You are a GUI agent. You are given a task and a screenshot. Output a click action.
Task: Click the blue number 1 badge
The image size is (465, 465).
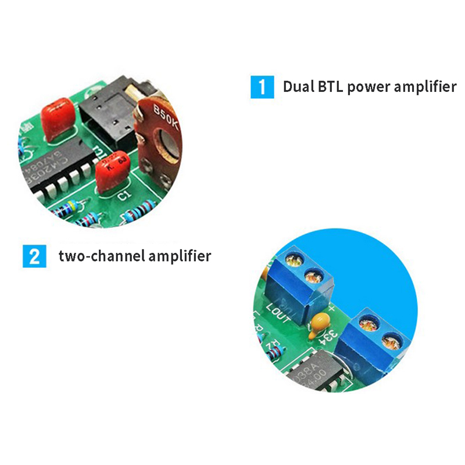click(262, 87)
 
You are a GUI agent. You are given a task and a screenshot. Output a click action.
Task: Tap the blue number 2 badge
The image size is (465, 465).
click(34, 256)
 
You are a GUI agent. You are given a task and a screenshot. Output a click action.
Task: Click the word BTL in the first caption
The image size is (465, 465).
click(330, 87)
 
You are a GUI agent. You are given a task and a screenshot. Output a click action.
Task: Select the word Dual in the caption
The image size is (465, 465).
click(298, 87)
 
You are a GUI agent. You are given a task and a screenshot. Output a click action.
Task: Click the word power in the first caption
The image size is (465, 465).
click(369, 88)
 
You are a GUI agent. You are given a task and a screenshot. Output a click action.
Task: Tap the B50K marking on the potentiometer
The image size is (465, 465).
click(165, 115)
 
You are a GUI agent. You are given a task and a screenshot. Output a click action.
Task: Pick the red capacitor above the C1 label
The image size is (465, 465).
click(112, 170)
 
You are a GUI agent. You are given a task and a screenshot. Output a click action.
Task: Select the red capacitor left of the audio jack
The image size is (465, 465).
click(59, 118)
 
